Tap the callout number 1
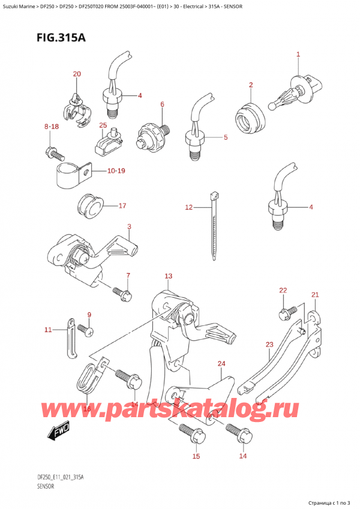(298, 55)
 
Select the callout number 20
(76, 74)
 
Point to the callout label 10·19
(117, 172)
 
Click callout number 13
(169, 276)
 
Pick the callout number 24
(221, 364)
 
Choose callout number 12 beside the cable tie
(188, 208)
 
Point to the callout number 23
(269, 345)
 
